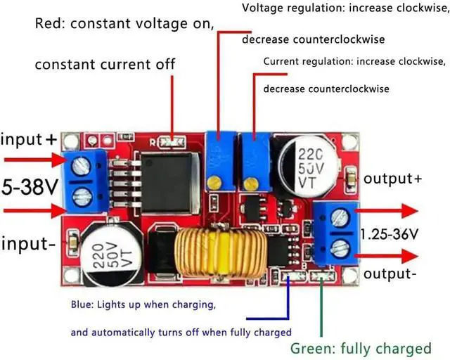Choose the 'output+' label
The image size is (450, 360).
(392, 179)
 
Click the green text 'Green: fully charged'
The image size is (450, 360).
(361, 348)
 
